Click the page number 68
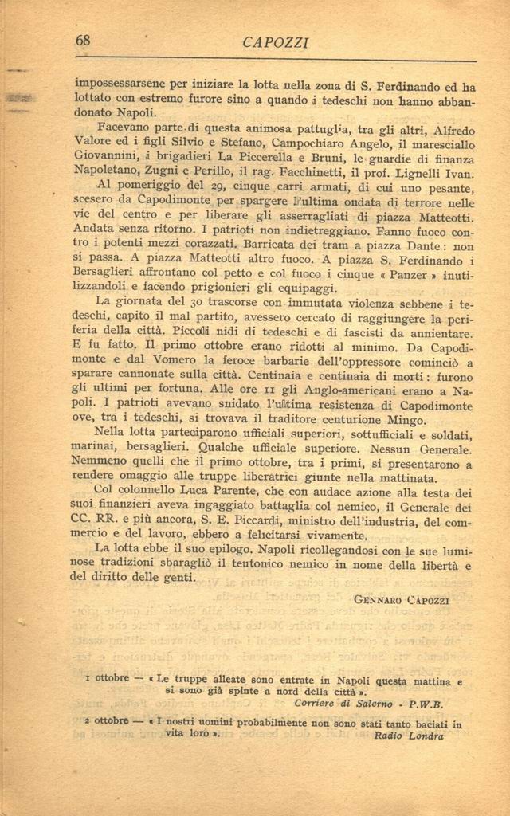(x=83, y=40)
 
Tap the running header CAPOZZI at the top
(x=276, y=43)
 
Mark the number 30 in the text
(x=201, y=304)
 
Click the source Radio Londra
(x=408, y=736)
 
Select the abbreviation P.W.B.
(x=426, y=704)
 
